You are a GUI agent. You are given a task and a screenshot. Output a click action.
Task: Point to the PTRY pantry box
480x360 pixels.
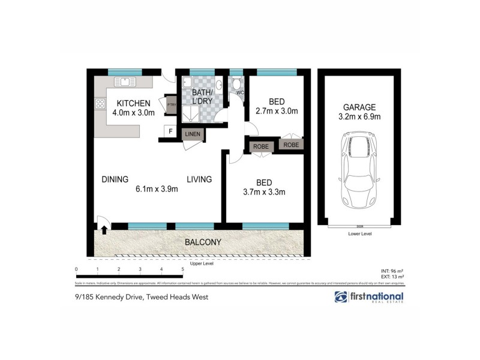(171, 104)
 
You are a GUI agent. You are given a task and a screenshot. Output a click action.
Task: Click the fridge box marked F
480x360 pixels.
(170, 131)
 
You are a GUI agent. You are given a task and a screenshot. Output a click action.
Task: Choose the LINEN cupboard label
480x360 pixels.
(193, 134)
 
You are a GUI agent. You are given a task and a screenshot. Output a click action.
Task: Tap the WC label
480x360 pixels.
(239, 93)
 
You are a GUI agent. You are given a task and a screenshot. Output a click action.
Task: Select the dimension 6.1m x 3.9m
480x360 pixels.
(157, 189)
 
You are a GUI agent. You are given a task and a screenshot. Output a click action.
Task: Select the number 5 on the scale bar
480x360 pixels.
(182, 269)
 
